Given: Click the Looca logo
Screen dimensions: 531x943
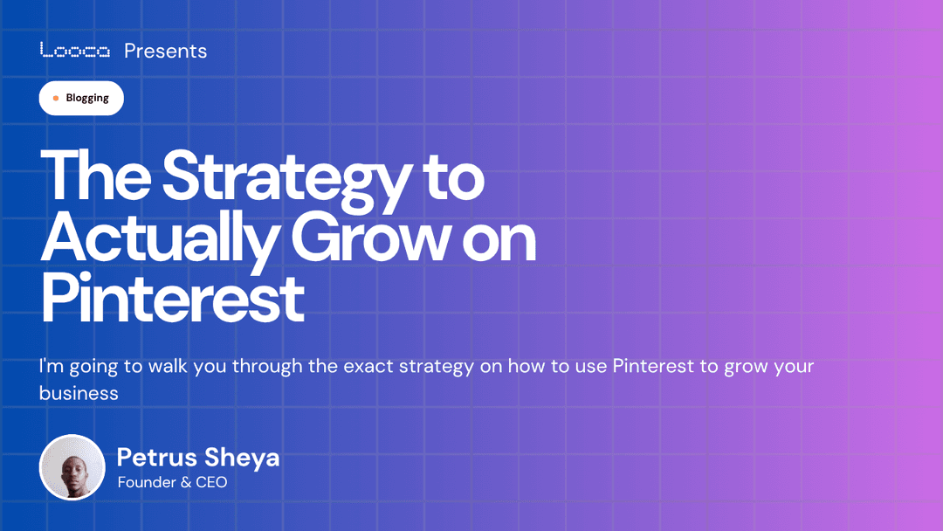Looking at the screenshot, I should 75,51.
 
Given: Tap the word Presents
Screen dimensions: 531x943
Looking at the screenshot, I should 165,51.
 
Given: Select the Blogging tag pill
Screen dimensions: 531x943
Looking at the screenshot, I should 81,98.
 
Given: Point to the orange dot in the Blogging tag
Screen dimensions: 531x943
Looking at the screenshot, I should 56,99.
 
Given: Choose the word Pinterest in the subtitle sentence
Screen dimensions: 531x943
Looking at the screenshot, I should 654,366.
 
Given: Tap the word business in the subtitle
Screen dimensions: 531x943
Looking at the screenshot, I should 79,393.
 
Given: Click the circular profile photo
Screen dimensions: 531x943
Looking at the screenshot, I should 72,467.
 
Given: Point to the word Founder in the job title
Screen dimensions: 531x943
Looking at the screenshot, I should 146,481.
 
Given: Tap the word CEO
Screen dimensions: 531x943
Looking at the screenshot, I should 210,481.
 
